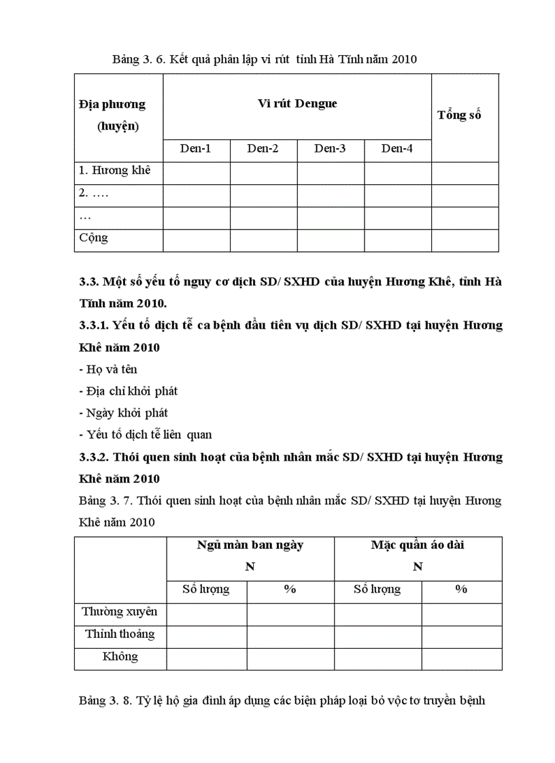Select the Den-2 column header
[x=263, y=149]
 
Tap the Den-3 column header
[x=330, y=149]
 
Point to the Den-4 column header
[x=397, y=149]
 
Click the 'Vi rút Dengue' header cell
[x=297, y=104]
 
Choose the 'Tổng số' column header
[x=459, y=115]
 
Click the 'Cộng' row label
[x=93, y=238]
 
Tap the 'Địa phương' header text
[x=112, y=105]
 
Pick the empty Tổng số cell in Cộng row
[x=465, y=240]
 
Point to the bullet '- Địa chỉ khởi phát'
[x=128, y=391]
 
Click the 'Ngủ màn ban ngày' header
[x=250, y=545]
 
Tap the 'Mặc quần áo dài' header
[x=418, y=545]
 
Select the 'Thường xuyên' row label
[x=120, y=611]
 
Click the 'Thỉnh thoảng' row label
[x=120, y=634]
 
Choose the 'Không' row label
[x=120, y=656]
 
